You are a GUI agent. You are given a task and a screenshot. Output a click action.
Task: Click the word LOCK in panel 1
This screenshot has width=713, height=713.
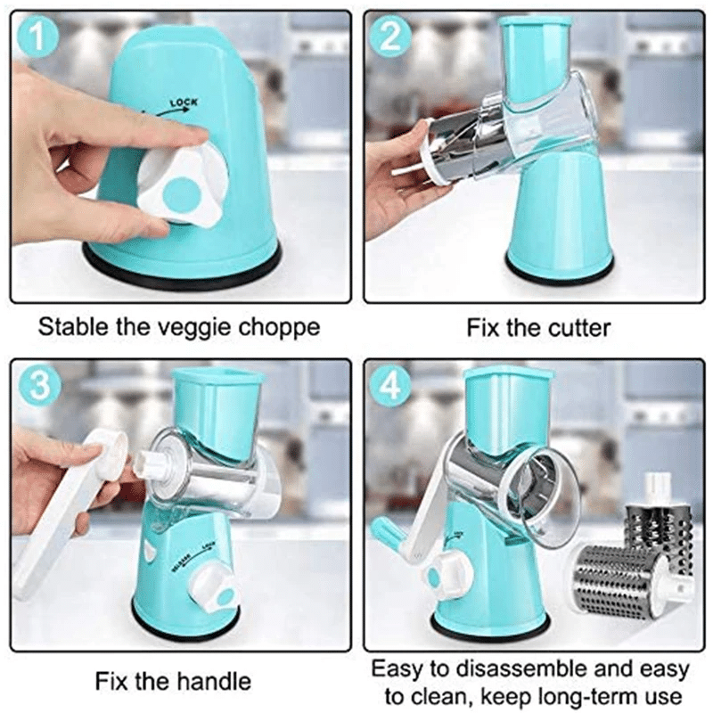click(x=184, y=105)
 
